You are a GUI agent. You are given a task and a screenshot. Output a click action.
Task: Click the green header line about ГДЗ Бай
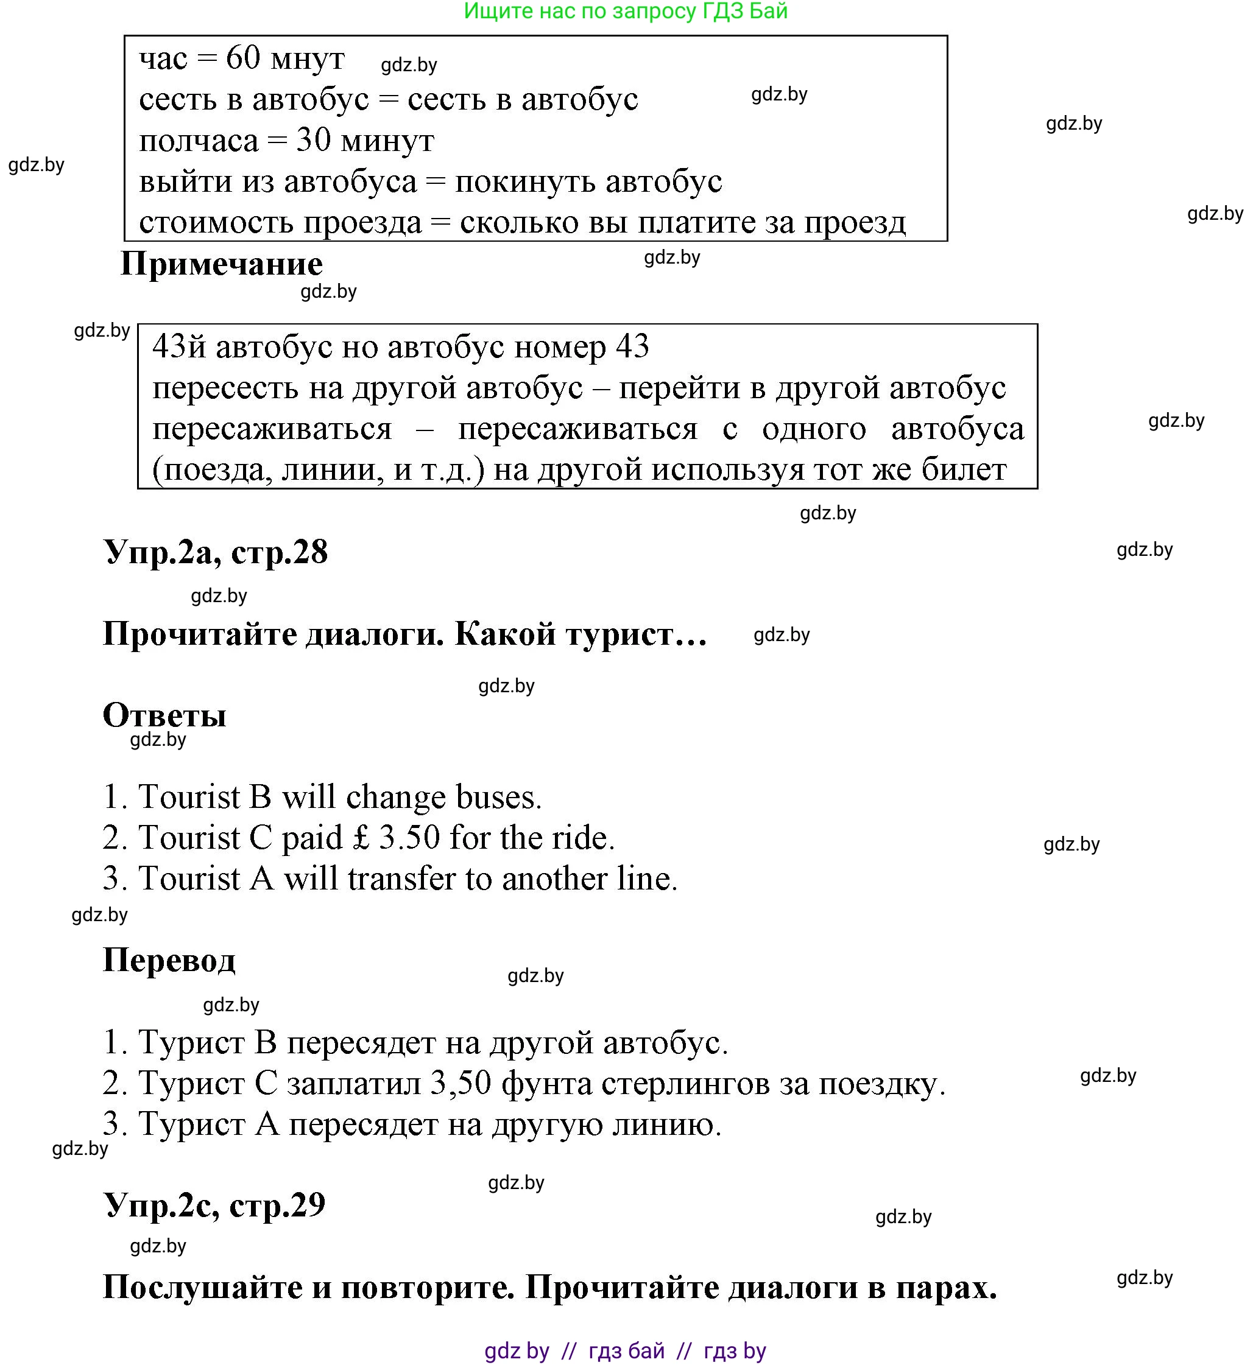625,12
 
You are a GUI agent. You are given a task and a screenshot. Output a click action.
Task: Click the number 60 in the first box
242,58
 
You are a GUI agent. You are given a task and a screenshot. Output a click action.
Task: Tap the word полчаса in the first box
199,141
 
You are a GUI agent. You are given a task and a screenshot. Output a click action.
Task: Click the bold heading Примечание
221,264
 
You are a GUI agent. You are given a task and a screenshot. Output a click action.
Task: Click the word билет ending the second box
964,469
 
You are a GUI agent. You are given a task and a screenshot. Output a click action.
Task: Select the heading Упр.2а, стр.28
216,552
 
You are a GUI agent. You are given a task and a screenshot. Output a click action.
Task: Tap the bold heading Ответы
164,715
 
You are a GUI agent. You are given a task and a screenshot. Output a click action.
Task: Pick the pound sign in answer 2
361,838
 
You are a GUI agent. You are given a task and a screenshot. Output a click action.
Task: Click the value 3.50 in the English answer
409,838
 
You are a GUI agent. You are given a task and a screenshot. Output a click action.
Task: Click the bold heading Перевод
169,960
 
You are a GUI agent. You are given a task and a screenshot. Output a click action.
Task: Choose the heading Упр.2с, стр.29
214,1205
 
